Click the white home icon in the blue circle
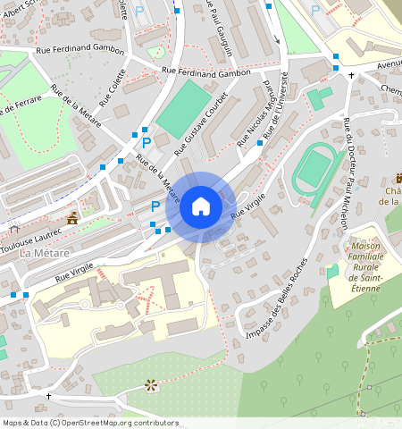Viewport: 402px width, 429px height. pyautogui.click(x=201, y=206)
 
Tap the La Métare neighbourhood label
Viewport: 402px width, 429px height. pyautogui.click(x=38, y=254)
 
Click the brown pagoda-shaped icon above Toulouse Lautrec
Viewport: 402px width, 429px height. pyautogui.click(x=72, y=217)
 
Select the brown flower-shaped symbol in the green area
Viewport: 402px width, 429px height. pyautogui.click(x=151, y=385)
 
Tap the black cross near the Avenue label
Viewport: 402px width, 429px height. pyautogui.click(x=351, y=75)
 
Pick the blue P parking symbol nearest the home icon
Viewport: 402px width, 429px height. pyautogui.click(x=155, y=205)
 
